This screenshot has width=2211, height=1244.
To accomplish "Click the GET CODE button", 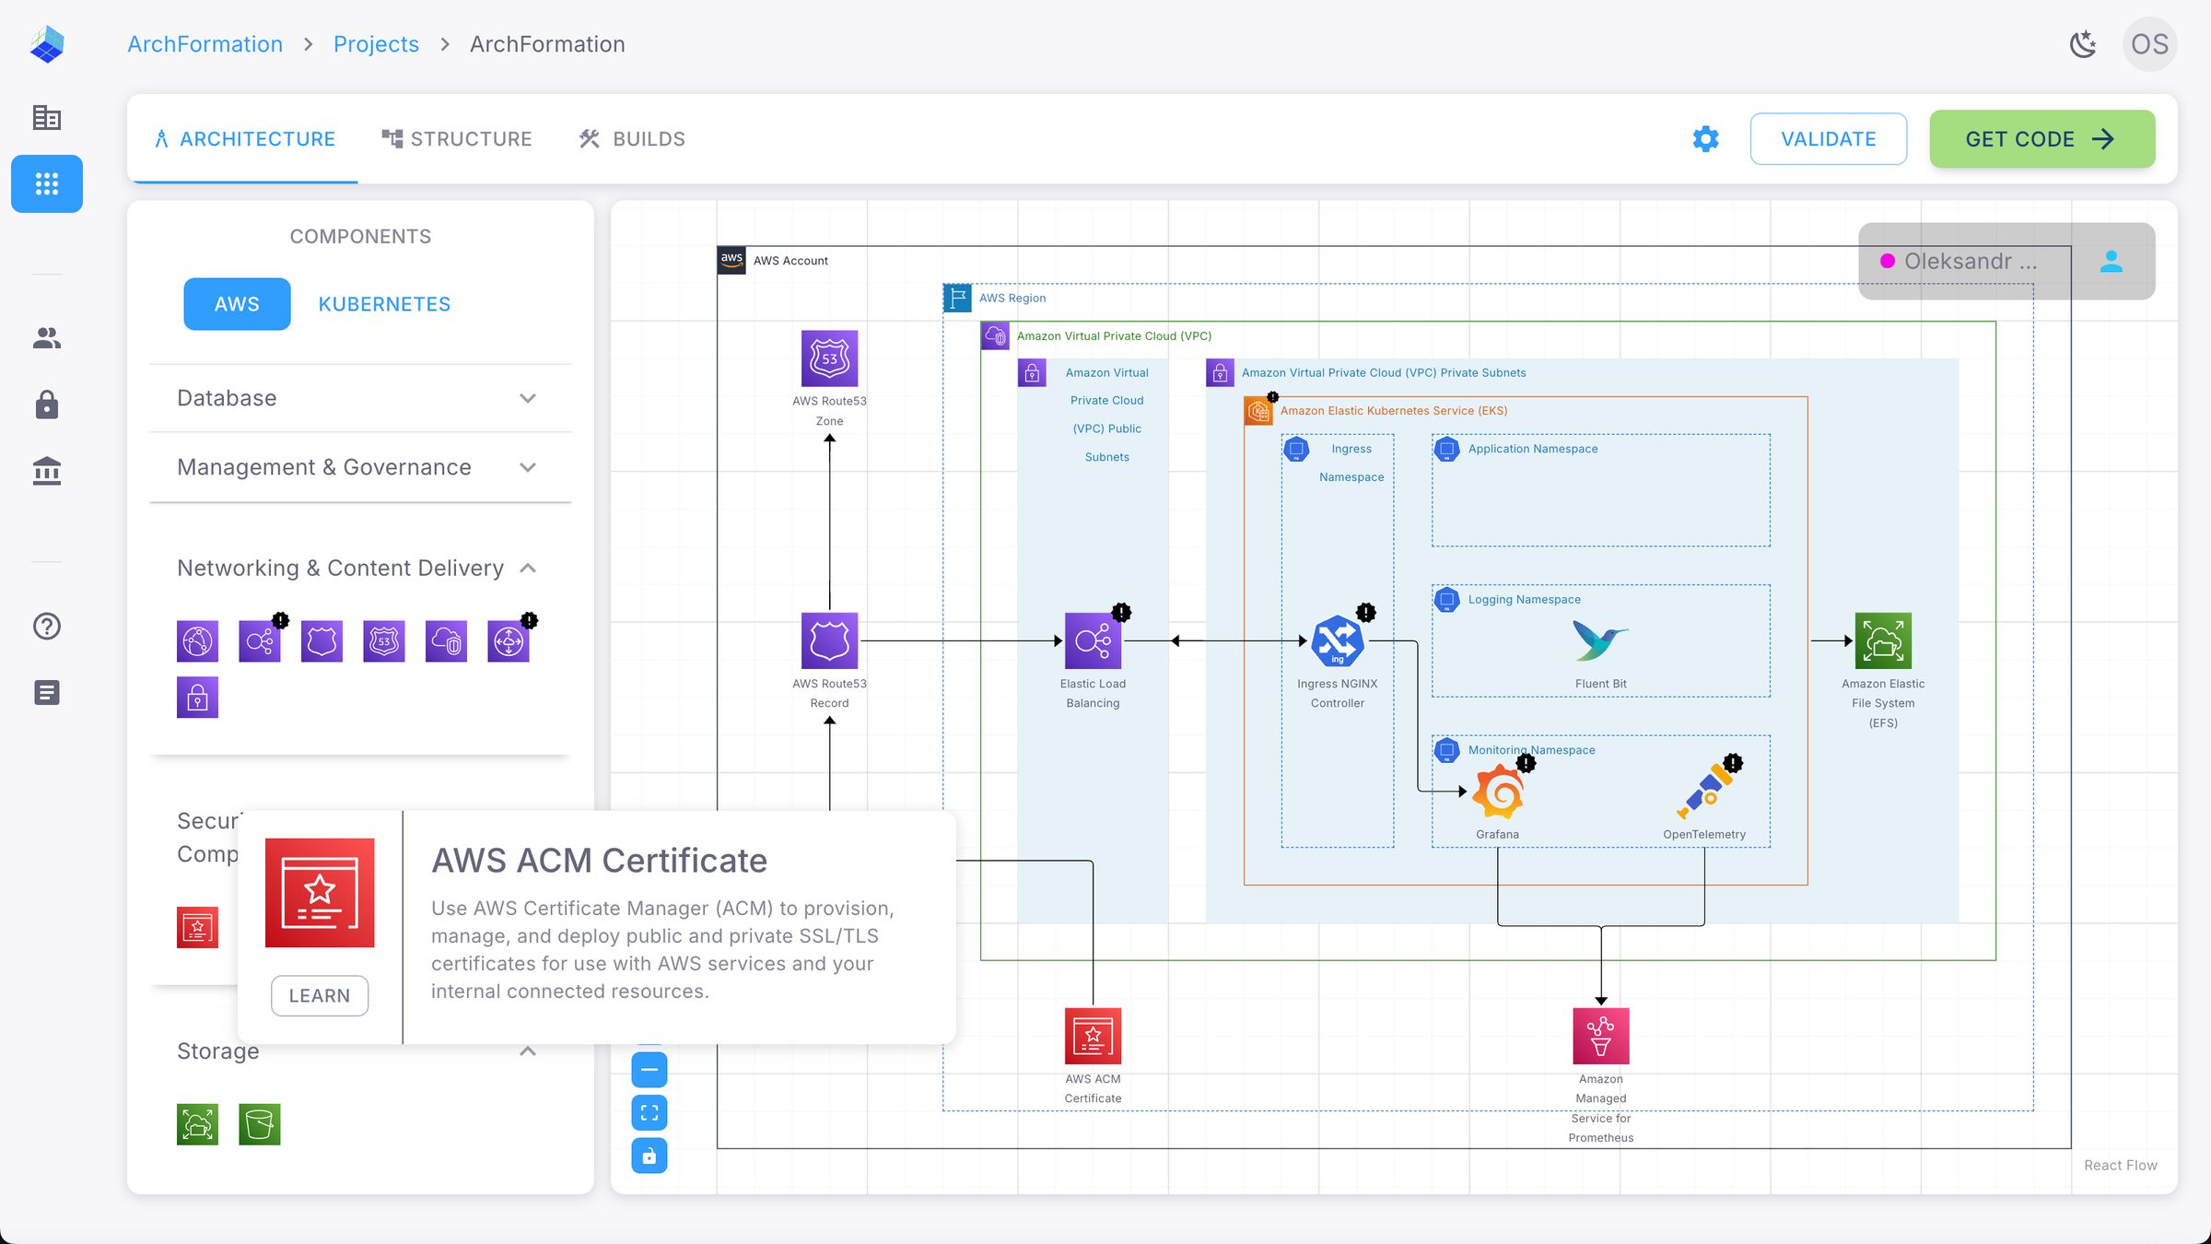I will point(2041,139).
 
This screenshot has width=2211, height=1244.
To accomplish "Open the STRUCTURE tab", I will point(457,139).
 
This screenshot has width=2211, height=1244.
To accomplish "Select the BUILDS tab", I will point(632,139).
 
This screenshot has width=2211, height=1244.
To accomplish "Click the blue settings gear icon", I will point(1705,139).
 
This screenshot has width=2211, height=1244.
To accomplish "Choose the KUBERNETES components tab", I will point(384,304).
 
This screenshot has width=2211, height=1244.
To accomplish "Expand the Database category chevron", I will point(528,398).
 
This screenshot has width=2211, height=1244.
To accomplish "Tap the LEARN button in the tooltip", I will point(319,995).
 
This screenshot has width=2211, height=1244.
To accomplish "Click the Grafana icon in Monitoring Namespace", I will point(1497,792).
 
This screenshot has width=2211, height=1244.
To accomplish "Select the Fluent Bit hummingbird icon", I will point(1600,640).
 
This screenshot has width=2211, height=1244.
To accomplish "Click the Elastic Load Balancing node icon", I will point(1093,640).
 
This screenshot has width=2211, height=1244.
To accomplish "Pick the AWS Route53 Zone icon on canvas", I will point(829,358).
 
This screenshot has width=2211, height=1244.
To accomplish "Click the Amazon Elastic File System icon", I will point(1883,640).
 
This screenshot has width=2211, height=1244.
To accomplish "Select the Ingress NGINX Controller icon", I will point(1337,640).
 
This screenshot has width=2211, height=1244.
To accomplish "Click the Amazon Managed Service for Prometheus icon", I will point(1600,1036).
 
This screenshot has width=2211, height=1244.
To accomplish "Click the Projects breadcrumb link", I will point(376,44).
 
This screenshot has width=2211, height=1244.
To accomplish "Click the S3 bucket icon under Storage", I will point(259,1124).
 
